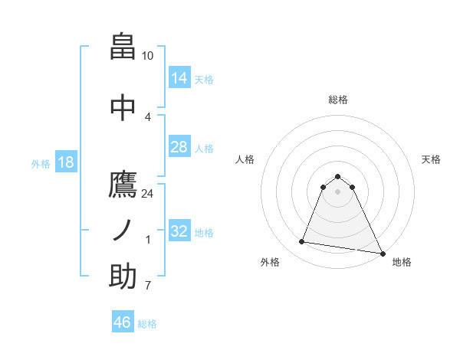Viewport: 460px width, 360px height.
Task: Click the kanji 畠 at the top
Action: click(123, 47)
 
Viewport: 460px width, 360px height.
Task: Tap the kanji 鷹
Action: click(123, 185)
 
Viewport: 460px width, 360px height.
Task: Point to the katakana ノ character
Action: click(123, 230)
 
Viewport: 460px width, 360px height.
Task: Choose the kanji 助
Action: click(123, 276)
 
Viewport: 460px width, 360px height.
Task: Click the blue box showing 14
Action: click(179, 78)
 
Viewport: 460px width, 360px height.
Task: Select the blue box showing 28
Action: click(179, 147)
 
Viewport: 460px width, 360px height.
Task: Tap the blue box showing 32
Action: click(179, 231)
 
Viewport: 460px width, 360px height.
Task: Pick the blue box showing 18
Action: click(65, 162)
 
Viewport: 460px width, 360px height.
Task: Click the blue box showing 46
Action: click(122, 322)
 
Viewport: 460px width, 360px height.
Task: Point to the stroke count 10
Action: click(148, 56)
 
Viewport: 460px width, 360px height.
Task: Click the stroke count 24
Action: click(148, 194)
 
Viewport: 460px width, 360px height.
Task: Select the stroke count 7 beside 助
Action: click(148, 286)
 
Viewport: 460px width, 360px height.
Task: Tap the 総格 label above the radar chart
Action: click(337, 100)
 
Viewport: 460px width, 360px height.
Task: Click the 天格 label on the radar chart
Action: click(431, 159)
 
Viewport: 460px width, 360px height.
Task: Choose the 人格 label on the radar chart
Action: click(245, 159)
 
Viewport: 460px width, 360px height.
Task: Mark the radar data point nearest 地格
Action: click(382, 254)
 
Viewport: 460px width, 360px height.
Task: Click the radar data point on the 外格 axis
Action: click(302, 242)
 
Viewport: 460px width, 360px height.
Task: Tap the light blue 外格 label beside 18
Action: click(40, 163)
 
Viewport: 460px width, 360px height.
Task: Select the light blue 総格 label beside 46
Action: click(147, 324)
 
